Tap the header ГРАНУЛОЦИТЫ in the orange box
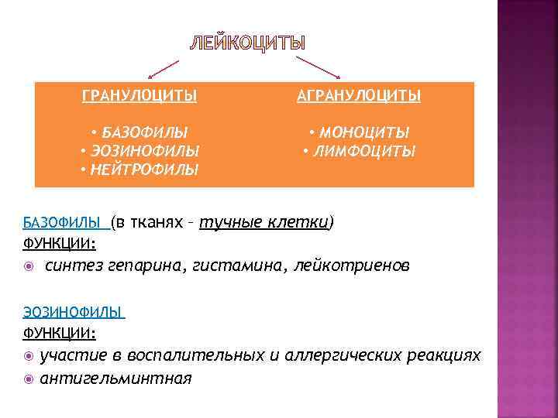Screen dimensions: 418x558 point(139,96)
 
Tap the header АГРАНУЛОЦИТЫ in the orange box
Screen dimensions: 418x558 point(360,96)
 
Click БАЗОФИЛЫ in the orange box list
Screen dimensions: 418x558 point(143,132)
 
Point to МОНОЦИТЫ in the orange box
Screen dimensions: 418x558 point(363,132)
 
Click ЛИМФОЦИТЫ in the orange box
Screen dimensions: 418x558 point(363,150)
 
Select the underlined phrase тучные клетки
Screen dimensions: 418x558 point(263,223)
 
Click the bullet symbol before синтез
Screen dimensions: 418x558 point(29,266)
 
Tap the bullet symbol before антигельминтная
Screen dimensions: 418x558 point(29,379)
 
